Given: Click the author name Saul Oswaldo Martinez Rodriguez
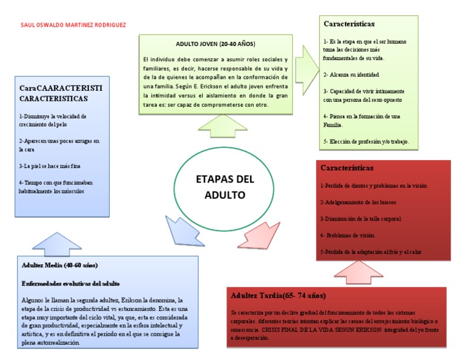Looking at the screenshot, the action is click(73, 25).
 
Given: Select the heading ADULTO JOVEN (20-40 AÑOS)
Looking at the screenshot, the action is click(216, 44).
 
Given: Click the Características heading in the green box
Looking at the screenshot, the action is click(349, 24).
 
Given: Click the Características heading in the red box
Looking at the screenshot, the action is click(347, 167).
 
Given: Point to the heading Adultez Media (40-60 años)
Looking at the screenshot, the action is click(60, 265).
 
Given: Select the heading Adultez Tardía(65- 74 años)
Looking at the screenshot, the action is click(279, 296).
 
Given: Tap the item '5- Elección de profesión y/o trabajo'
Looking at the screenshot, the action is click(367, 141).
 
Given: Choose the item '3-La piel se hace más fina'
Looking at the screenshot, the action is click(50, 165).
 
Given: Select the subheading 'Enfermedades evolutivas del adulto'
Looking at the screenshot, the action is click(71, 283).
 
